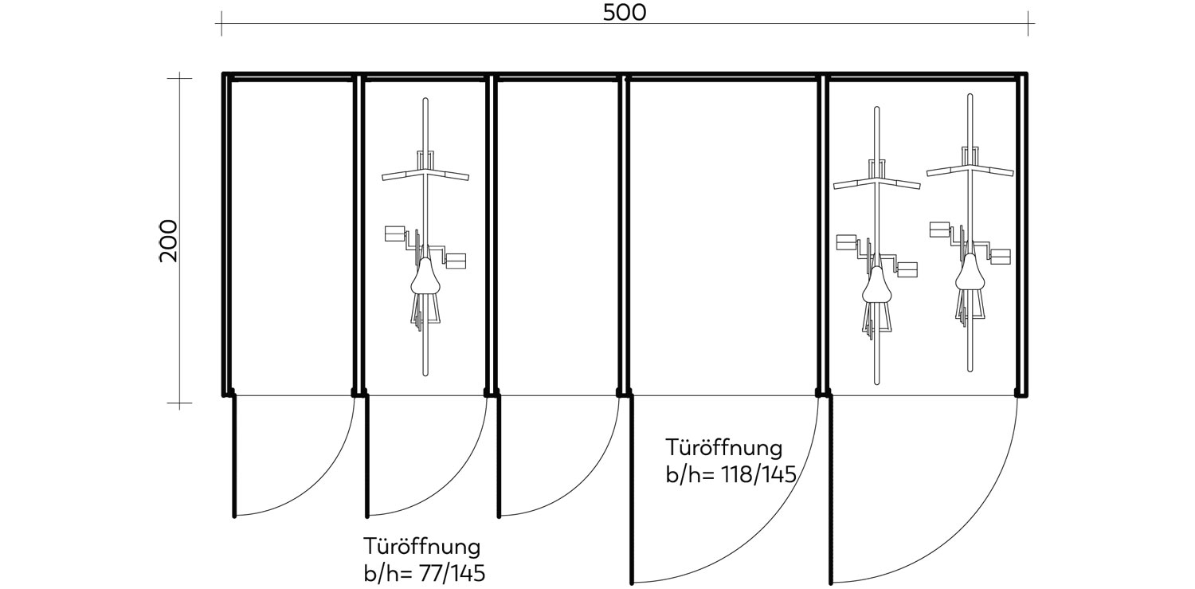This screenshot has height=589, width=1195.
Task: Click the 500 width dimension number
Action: coord(624,12)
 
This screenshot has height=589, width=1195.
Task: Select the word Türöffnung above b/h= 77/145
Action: coord(422,547)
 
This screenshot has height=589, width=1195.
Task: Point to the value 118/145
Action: coord(757,475)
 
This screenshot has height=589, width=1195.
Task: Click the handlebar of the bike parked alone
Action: coord(425,174)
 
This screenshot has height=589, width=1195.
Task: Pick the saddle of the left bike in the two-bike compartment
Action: coord(876,285)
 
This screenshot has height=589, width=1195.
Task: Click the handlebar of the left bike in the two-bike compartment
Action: coord(876,184)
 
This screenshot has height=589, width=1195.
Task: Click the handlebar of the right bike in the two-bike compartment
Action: coord(970,169)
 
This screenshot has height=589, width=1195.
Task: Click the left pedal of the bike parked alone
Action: coord(395,233)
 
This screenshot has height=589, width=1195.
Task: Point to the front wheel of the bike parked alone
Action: coord(425,128)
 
